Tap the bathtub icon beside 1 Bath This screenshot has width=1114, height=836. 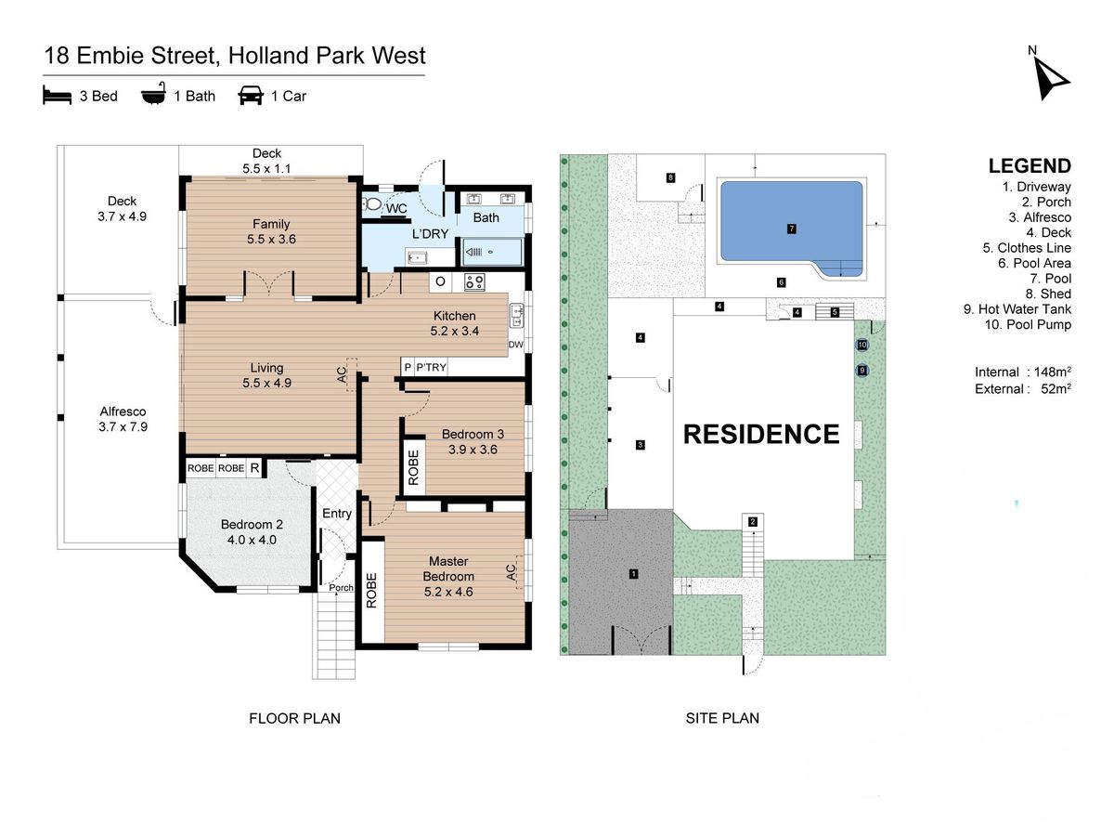pyautogui.click(x=153, y=94)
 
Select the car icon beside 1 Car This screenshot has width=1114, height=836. pyautogui.click(x=251, y=95)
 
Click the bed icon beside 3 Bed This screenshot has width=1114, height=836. pyautogui.click(x=57, y=96)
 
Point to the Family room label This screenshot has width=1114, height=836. pyautogui.click(x=271, y=224)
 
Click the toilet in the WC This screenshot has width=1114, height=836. pyautogui.click(x=372, y=204)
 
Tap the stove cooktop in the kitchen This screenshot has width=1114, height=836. pyautogui.click(x=474, y=281)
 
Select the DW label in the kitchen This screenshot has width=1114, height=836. pyautogui.click(x=515, y=344)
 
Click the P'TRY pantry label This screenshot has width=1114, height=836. pyautogui.click(x=431, y=367)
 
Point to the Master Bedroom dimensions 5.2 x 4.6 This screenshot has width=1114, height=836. pyautogui.click(x=448, y=592)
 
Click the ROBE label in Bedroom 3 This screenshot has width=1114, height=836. pyautogui.click(x=414, y=467)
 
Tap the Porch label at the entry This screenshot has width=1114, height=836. pyautogui.click(x=341, y=587)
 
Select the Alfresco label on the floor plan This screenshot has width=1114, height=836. pyautogui.click(x=123, y=411)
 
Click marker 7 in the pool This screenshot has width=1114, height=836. pyautogui.click(x=791, y=229)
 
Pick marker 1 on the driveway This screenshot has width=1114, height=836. pyautogui.click(x=633, y=573)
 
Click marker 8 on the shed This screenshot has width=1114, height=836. pyautogui.click(x=671, y=177)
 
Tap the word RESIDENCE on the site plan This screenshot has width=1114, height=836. pyautogui.click(x=761, y=434)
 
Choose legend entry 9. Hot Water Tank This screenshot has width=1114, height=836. pyautogui.click(x=1017, y=309)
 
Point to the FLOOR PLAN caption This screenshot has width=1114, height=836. pyautogui.click(x=294, y=718)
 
